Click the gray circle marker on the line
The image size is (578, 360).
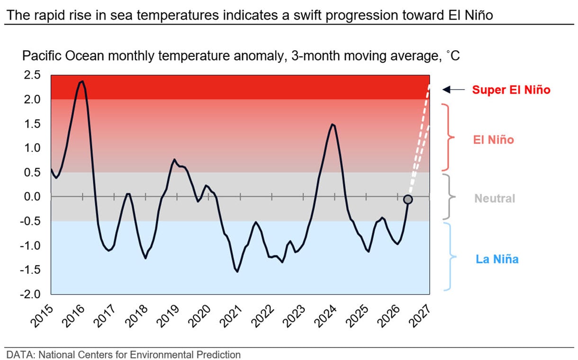[x=408, y=199]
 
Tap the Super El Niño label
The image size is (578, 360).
[x=511, y=90]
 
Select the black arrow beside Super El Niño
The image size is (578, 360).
[x=453, y=90]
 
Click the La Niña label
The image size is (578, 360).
[x=497, y=259]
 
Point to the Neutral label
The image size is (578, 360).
[x=495, y=198]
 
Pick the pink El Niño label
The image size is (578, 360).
[x=493, y=140]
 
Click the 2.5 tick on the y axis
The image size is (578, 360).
[x=32, y=75]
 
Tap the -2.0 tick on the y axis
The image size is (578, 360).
[x=30, y=294]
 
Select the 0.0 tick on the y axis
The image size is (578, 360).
[x=32, y=197]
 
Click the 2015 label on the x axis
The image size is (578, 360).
[x=42, y=316]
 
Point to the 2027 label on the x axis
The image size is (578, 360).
[x=420, y=316]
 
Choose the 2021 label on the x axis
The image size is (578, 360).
[x=231, y=316]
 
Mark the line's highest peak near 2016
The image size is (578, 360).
[x=82, y=81]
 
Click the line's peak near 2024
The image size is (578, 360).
[x=333, y=125]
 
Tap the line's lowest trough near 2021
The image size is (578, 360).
[x=237, y=271]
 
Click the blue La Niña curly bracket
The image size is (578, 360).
[x=451, y=257]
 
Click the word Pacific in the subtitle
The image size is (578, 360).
[x=42, y=56]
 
